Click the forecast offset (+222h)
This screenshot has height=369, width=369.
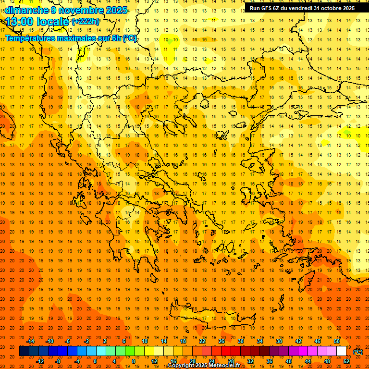coord(86,22)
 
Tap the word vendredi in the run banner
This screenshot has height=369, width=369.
coord(298,8)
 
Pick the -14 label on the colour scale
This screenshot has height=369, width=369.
coord(30,341)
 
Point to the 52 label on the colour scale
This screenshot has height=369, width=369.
coord(346,361)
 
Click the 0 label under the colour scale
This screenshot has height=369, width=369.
coord(95,361)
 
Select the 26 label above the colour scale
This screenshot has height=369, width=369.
coord(221,341)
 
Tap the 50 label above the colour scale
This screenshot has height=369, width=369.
coord(337,341)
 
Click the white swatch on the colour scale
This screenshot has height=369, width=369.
coord(342,351)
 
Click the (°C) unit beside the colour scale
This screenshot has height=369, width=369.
coord(358,352)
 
